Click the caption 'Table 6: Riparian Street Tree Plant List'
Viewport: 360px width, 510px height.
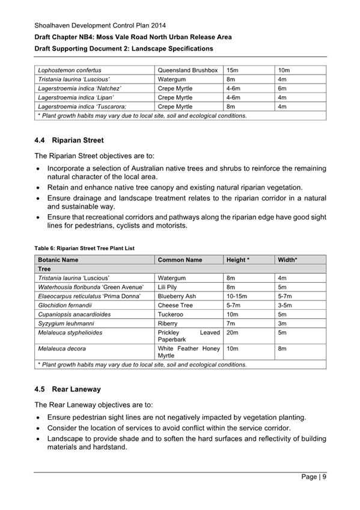[85, 247]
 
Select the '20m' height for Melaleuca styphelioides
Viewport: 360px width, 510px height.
[232, 333]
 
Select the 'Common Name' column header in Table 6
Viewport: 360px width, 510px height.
[180, 260]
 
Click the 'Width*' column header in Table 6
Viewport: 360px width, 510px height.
[288, 260]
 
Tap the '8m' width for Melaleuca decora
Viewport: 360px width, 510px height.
[282, 349]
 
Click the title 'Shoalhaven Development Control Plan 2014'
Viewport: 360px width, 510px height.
[100, 26]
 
